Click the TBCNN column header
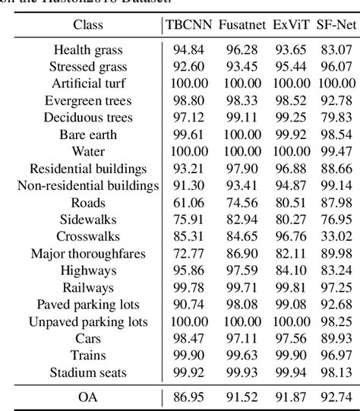[188, 24]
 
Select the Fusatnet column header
[242, 24]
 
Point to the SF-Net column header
[336, 24]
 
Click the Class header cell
[88, 24]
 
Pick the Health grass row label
[88, 49]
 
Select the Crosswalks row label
[88, 236]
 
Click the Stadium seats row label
[88, 372]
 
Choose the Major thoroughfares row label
[88, 253]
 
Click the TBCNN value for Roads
[188, 202]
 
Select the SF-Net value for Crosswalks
[336, 236]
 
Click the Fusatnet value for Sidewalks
[242, 219]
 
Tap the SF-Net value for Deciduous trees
[336, 117]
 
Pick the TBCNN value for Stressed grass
[188, 65]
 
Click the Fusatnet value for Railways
[242, 287]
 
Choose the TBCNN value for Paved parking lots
[188, 305]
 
